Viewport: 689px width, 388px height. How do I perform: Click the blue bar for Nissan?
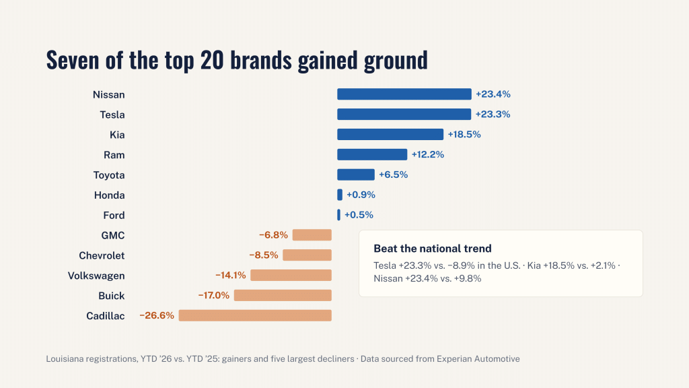tap(404, 94)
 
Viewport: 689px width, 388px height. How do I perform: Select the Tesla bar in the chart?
tap(404, 115)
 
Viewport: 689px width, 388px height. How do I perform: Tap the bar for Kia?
tap(390, 135)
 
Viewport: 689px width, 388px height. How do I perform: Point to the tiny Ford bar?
tap(339, 215)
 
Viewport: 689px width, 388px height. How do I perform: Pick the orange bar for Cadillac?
tap(255, 315)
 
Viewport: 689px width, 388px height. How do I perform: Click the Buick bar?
tap(283, 296)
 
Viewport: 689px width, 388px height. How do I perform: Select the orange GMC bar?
tap(312, 235)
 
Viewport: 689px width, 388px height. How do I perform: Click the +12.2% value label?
tap(427, 154)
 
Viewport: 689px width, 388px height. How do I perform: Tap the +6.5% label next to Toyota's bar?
tap(393, 174)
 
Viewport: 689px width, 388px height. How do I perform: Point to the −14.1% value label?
tap(231, 276)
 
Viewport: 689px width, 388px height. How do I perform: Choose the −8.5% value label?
tap(264, 255)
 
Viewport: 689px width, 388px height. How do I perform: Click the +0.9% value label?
tap(361, 195)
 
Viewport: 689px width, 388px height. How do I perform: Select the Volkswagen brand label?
tap(96, 276)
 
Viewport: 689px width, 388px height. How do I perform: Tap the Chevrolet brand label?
tap(102, 255)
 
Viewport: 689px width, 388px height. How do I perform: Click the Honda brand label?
tap(110, 195)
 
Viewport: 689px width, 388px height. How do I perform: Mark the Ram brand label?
tap(114, 155)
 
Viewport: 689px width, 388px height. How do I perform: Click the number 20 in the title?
tap(212, 60)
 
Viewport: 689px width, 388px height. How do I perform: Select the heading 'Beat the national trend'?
tap(433, 249)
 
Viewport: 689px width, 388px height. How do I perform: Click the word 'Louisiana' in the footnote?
tap(65, 359)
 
